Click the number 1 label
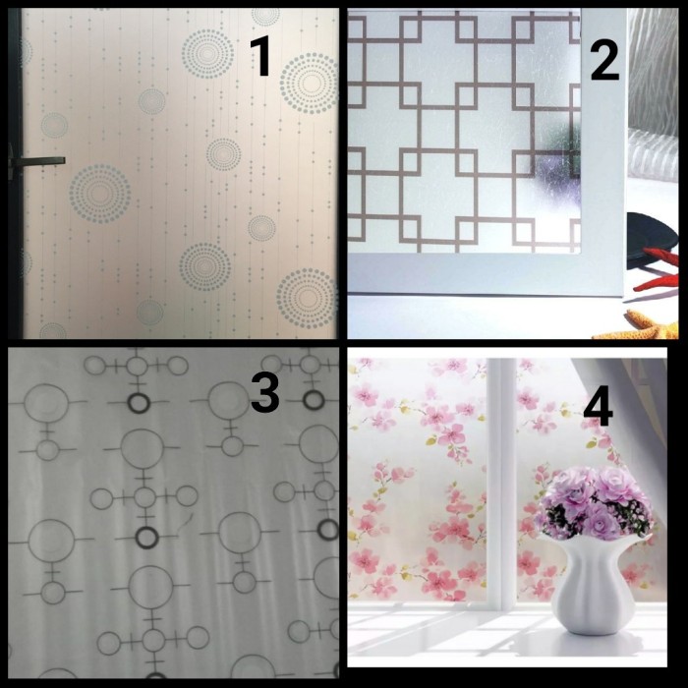[260, 56]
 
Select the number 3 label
[264, 392]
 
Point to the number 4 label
[598, 409]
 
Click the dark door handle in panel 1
[37, 162]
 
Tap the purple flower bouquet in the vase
[594, 503]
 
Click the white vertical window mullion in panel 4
[501, 483]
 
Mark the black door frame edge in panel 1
[15, 173]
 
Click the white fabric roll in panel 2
[653, 154]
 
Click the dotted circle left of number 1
[207, 54]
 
